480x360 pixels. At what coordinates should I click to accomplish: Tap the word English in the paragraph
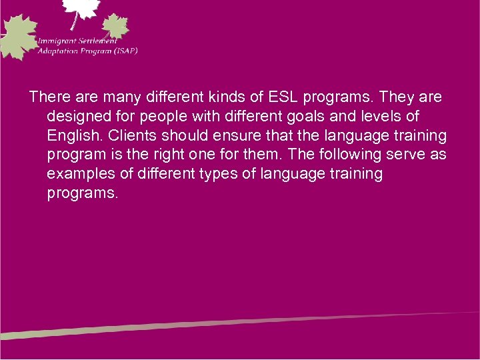tap(72, 136)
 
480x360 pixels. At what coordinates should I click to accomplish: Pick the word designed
tap(79, 117)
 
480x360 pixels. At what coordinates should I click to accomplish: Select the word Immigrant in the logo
tap(61, 40)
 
